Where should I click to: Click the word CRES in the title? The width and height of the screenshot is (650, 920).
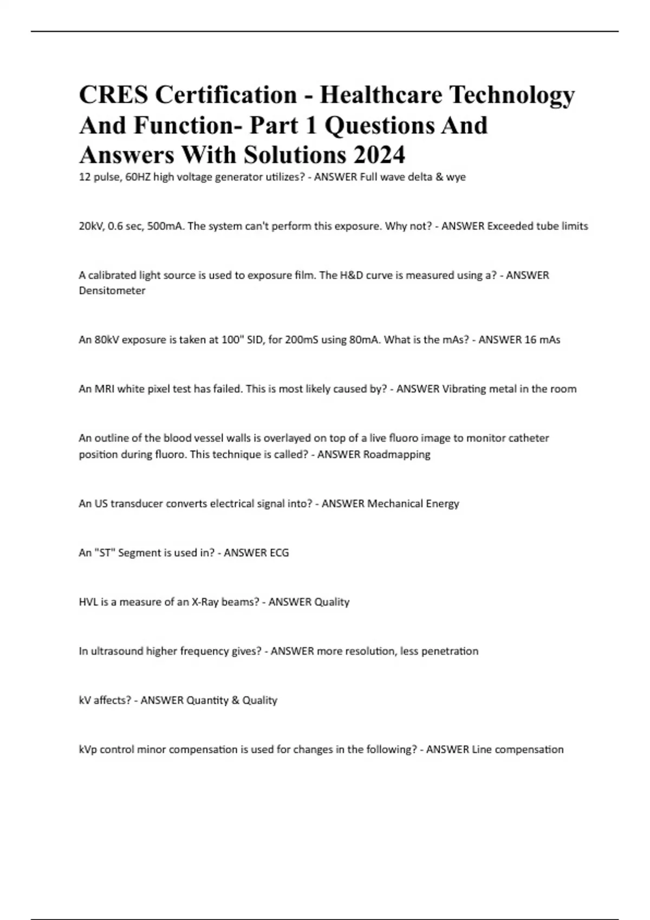click(113, 95)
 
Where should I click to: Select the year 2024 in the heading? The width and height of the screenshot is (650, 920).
click(379, 155)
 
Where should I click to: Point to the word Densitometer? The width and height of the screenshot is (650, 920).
click(112, 291)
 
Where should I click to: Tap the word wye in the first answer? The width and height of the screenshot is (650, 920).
click(456, 177)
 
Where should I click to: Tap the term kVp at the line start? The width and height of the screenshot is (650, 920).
click(88, 750)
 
